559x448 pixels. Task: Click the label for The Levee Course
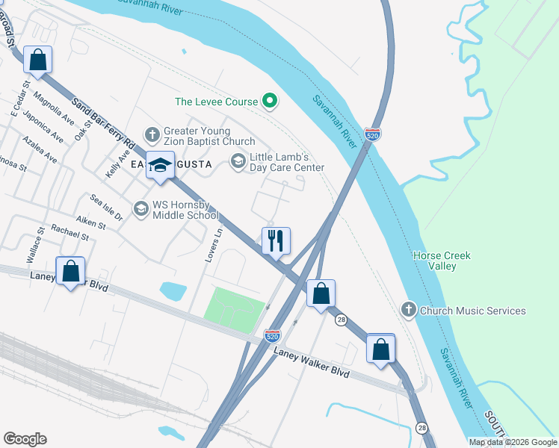[x=215, y=102]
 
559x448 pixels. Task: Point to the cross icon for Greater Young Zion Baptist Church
[x=152, y=135]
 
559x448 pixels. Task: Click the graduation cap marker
[x=160, y=164]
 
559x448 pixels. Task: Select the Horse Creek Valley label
[x=442, y=261]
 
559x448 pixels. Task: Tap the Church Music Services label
[x=472, y=311]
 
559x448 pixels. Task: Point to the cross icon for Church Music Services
[x=408, y=309]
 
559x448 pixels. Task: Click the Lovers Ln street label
[x=215, y=245]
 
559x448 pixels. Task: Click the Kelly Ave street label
[x=114, y=162]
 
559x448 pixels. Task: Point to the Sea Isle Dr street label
[x=106, y=208]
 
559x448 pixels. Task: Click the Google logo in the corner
[x=25, y=439]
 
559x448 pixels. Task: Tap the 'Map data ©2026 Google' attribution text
[x=513, y=442]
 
